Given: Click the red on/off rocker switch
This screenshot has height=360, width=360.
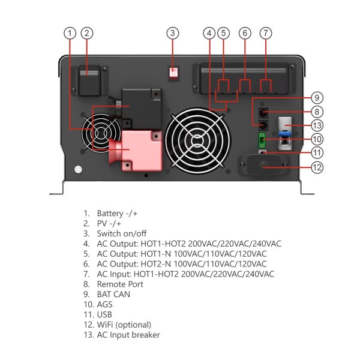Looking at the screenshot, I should click(173, 73).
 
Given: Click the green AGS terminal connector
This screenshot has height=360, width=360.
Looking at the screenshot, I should click(262, 141).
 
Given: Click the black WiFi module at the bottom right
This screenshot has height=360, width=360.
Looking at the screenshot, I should click(263, 166).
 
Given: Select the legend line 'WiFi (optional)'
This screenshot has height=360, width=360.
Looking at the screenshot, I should click(124, 325).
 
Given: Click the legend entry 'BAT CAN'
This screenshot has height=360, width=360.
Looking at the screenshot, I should click(113, 295).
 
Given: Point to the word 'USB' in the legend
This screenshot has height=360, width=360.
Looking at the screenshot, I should click(104, 314).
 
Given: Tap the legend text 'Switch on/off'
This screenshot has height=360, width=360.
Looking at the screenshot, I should click(122, 233).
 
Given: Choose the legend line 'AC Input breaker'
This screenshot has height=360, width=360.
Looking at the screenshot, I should click(128, 335).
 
